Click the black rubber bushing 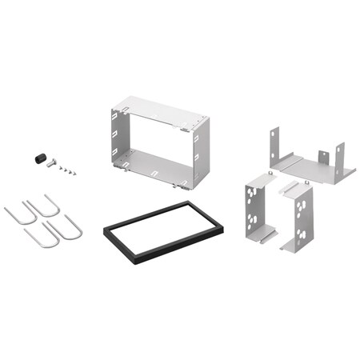tap(37, 158)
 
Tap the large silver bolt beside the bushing tap(52, 162)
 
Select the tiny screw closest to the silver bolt tap(62, 166)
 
